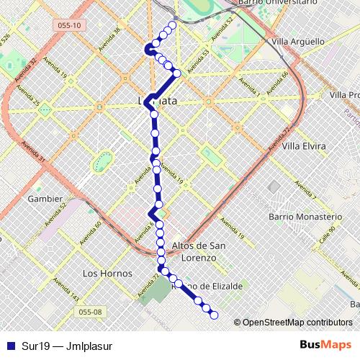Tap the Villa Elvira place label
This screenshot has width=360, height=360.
coord(304,146)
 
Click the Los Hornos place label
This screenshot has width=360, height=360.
coord(107,274)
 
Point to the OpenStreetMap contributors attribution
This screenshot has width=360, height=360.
coord(293,323)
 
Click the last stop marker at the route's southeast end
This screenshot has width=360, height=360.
coord(214,315)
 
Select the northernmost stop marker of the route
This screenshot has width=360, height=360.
coord(171,26)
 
